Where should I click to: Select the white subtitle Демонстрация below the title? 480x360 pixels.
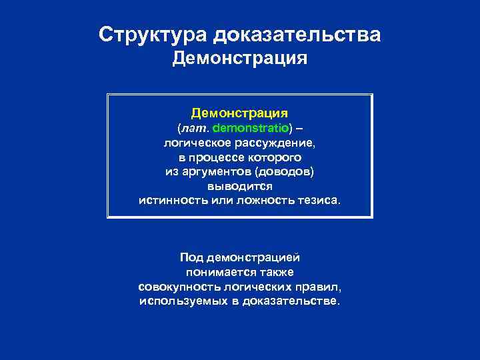pyautogui.click(x=240, y=59)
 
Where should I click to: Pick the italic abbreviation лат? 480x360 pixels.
pyautogui.click(x=193, y=127)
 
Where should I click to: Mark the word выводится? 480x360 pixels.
pyautogui.click(x=240, y=187)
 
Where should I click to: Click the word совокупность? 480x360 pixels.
pyautogui.click(x=175, y=287)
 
